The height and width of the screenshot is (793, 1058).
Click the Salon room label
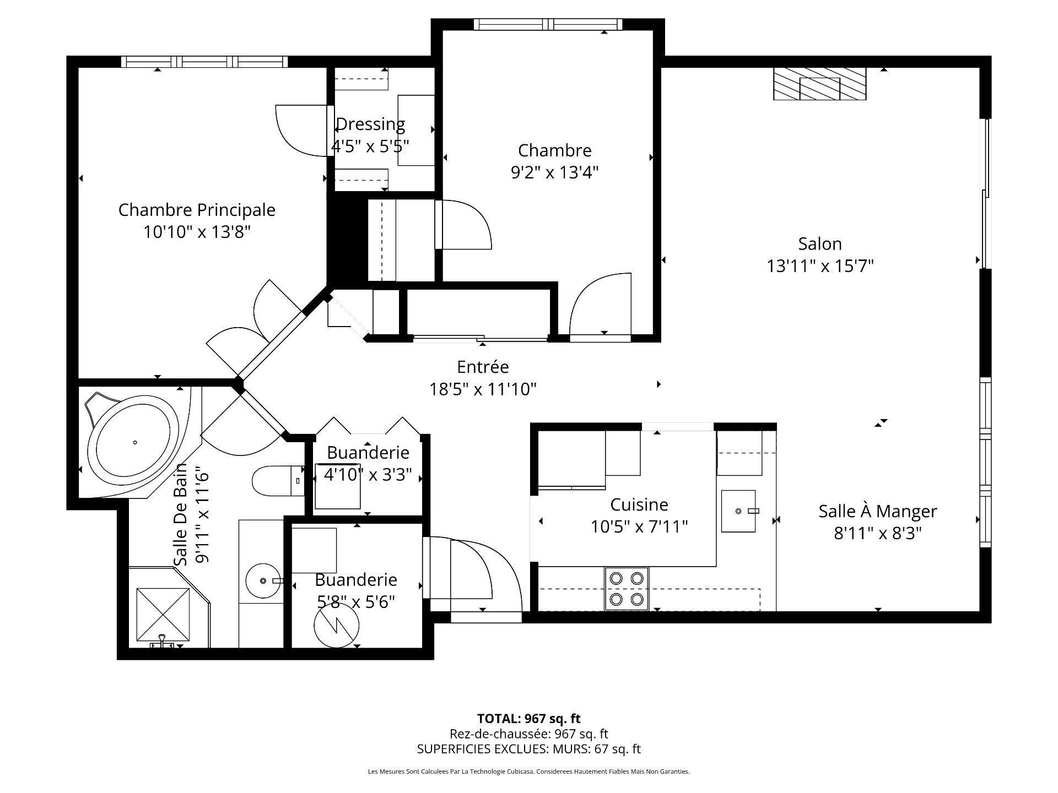tap(819, 243)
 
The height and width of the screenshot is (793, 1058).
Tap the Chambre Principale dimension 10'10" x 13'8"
tap(197, 232)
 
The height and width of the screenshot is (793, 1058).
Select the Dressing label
tap(370, 124)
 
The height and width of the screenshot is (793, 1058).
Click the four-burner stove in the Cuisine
tap(627, 588)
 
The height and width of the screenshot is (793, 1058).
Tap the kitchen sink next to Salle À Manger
tap(738, 511)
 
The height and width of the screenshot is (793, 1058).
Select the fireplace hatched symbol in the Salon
tap(819, 84)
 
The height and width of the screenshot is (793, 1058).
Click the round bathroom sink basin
tap(263, 581)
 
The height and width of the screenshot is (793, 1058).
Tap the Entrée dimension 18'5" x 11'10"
tap(483, 389)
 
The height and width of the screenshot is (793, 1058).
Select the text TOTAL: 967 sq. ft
tap(528, 719)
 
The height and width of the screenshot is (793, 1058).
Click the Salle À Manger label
tap(877, 511)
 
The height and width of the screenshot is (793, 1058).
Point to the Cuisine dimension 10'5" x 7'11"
tap(639, 527)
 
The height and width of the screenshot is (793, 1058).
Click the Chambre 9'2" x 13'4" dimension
tap(554, 172)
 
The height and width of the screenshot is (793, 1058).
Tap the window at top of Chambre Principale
tap(204, 61)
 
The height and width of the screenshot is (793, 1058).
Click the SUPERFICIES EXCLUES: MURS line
tap(528, 749)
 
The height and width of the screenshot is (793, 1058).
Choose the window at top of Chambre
tap(548, 24)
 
